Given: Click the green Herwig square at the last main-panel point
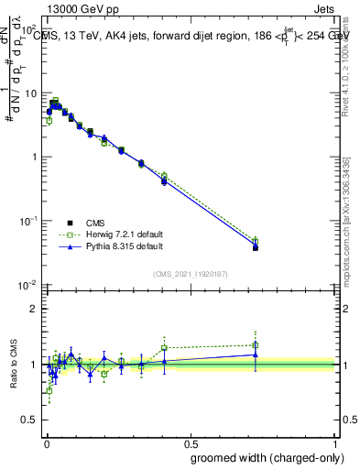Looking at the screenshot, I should [256, 242].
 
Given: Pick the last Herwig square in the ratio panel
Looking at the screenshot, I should [256, 345].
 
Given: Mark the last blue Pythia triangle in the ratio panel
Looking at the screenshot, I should [256, 354].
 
